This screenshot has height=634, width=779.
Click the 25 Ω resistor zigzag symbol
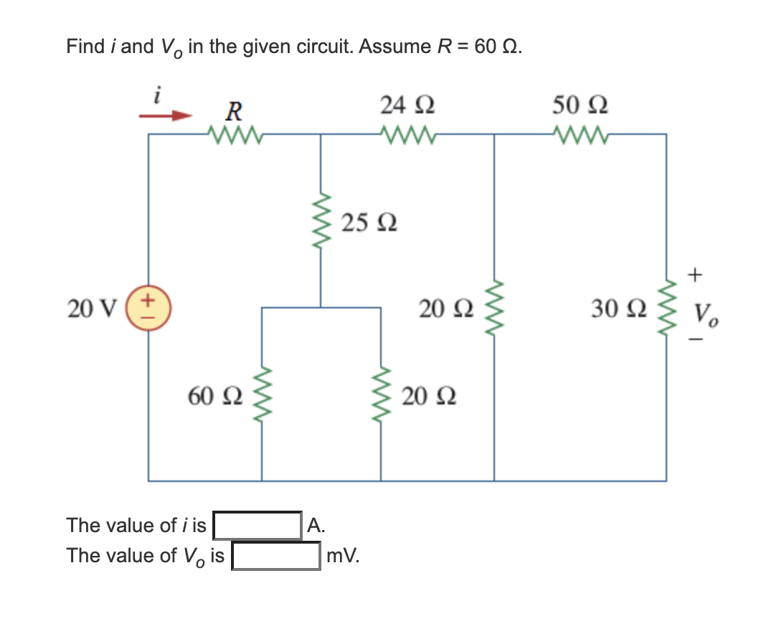(x=321, y=222)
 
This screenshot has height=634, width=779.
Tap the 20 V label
(x=91, y=309)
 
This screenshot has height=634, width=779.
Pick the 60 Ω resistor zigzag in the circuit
(x=262, y=394)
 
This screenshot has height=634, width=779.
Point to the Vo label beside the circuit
(x=706, y=313)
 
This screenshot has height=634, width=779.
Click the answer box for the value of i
(x=258, y=526)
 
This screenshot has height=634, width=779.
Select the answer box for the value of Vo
(x=276, y=556)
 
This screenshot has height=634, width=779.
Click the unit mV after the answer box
(x=342, y=556)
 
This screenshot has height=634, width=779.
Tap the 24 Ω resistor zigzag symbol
(x=407, y=133)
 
